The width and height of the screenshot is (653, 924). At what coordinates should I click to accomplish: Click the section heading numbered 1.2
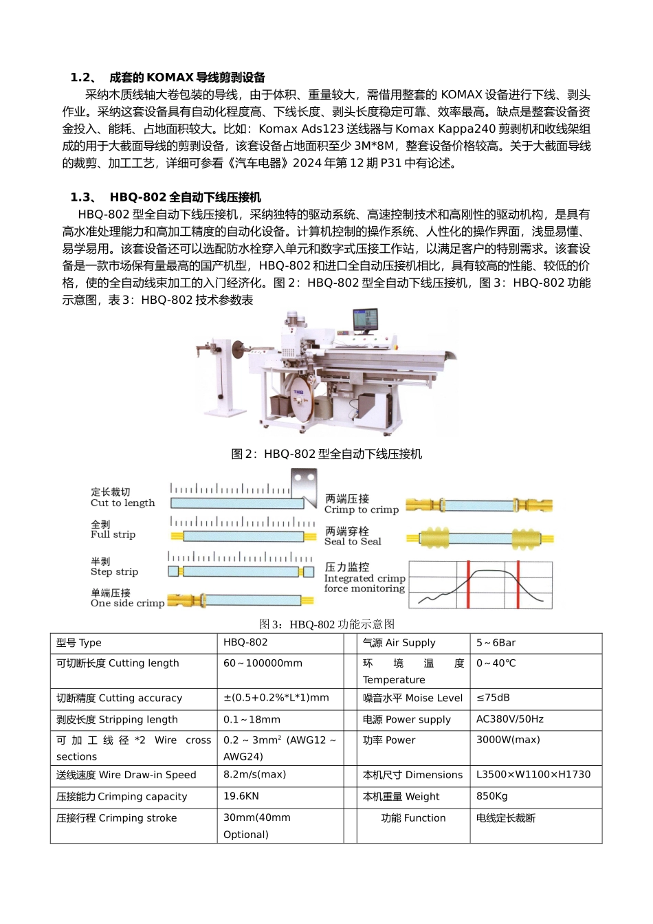(168, 78)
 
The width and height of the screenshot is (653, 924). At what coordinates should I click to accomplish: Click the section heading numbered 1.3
(166, 197)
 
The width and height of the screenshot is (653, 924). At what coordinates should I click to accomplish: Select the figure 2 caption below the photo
(326, 454)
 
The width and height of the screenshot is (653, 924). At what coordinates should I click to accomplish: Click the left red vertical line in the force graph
(468, 584)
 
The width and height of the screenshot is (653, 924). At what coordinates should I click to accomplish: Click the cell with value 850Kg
(492, 796)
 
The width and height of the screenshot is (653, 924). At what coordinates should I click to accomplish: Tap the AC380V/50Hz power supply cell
(510, 719)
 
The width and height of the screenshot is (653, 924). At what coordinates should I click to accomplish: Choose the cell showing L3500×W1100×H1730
(533, 774)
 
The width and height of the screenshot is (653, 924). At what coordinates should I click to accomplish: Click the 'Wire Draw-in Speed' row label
(126, 775)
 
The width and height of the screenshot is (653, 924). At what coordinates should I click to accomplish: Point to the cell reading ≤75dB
(494, 698)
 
